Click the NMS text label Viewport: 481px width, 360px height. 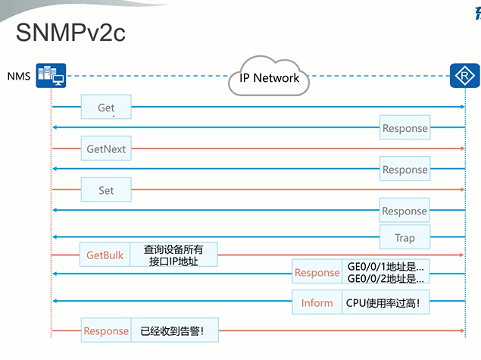(x=19, y=77)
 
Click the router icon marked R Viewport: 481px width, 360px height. (x=463, y=76)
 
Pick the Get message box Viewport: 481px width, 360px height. (x=106, y=108)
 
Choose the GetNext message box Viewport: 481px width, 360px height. (x=106, y=149)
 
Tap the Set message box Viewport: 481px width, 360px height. (x=106, y=190)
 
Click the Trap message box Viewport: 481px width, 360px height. (x=404, y=237)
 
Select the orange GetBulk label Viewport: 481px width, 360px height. (x=105, y=255)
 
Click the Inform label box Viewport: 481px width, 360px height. (x=317, y=302)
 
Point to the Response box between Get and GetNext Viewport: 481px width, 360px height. (x=404, y=128)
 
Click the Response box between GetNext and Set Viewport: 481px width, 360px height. (x=404, y=170)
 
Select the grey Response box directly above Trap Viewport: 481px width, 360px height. (x=404, y=211)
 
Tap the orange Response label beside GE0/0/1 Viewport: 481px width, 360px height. (x=317, y=273)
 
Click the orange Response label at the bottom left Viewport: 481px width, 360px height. (x=106, y=330)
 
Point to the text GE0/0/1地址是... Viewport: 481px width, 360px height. (x=386, y=266)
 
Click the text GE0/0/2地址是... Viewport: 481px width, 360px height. (x=386, y=279)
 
